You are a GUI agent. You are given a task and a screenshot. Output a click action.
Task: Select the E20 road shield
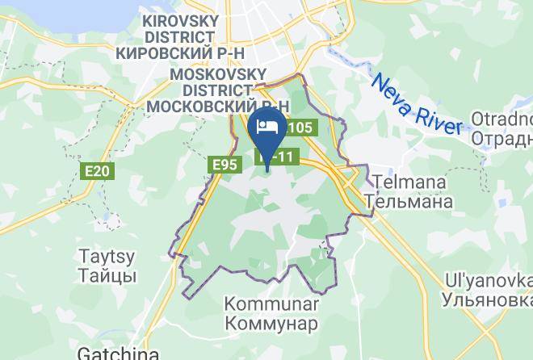[x=99, y=170]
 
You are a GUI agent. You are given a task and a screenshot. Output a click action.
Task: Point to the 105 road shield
[x=299, y=128]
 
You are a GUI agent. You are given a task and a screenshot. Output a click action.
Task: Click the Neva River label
[x=416, y=103]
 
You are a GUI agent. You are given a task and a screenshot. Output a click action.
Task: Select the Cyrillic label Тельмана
[x=409, y=201]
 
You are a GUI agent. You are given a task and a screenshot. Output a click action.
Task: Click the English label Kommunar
[x=271, y=304]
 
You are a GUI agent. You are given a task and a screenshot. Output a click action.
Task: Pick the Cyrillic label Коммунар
[x=271, y=323]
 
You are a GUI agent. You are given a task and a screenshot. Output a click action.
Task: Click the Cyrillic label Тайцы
[x=107, y=276]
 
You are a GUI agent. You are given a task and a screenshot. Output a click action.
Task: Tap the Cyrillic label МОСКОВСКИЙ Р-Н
[x=219, y=105]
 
